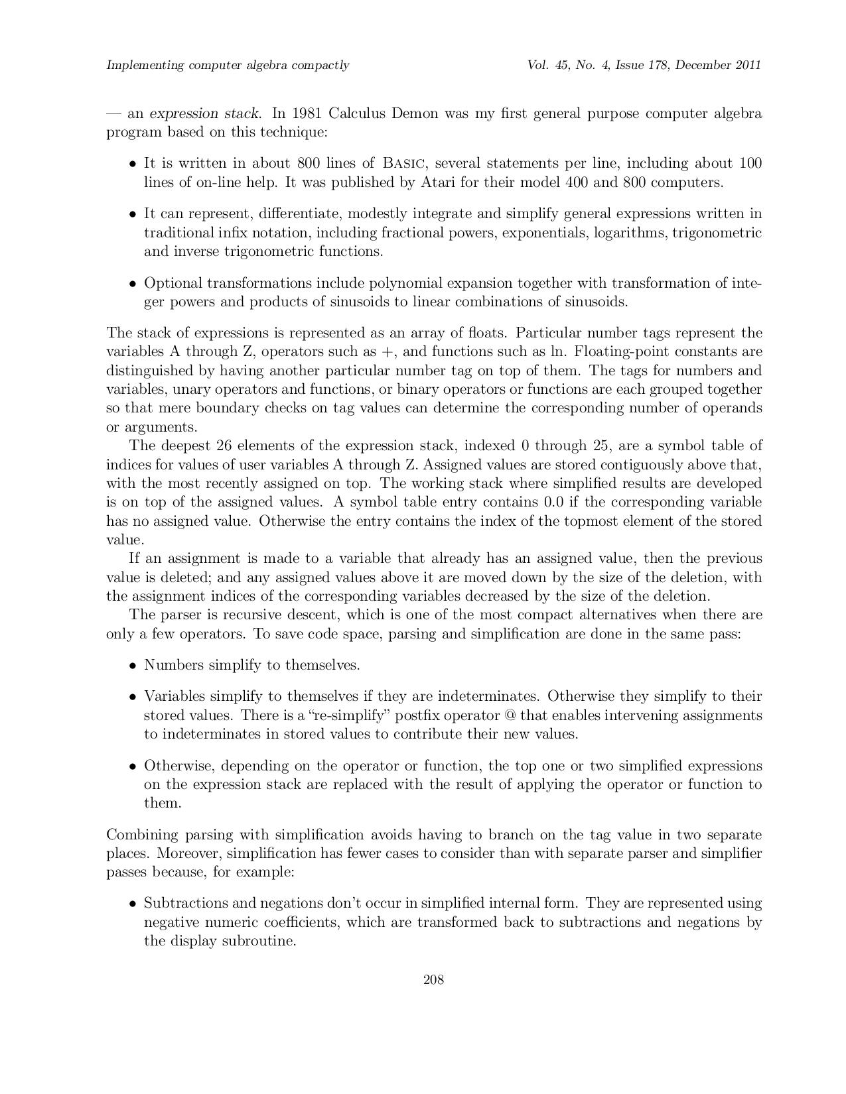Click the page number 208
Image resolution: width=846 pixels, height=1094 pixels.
pyautogui.click(x=433, y=980)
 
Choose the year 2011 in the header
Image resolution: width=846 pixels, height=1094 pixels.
pyautogui.click(x=747, y=65)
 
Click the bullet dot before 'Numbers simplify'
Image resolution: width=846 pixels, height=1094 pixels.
pyautogui.click(x=133, y=666)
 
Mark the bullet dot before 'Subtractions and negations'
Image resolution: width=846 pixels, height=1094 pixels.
pyautogui.click(x=133, y=904)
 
